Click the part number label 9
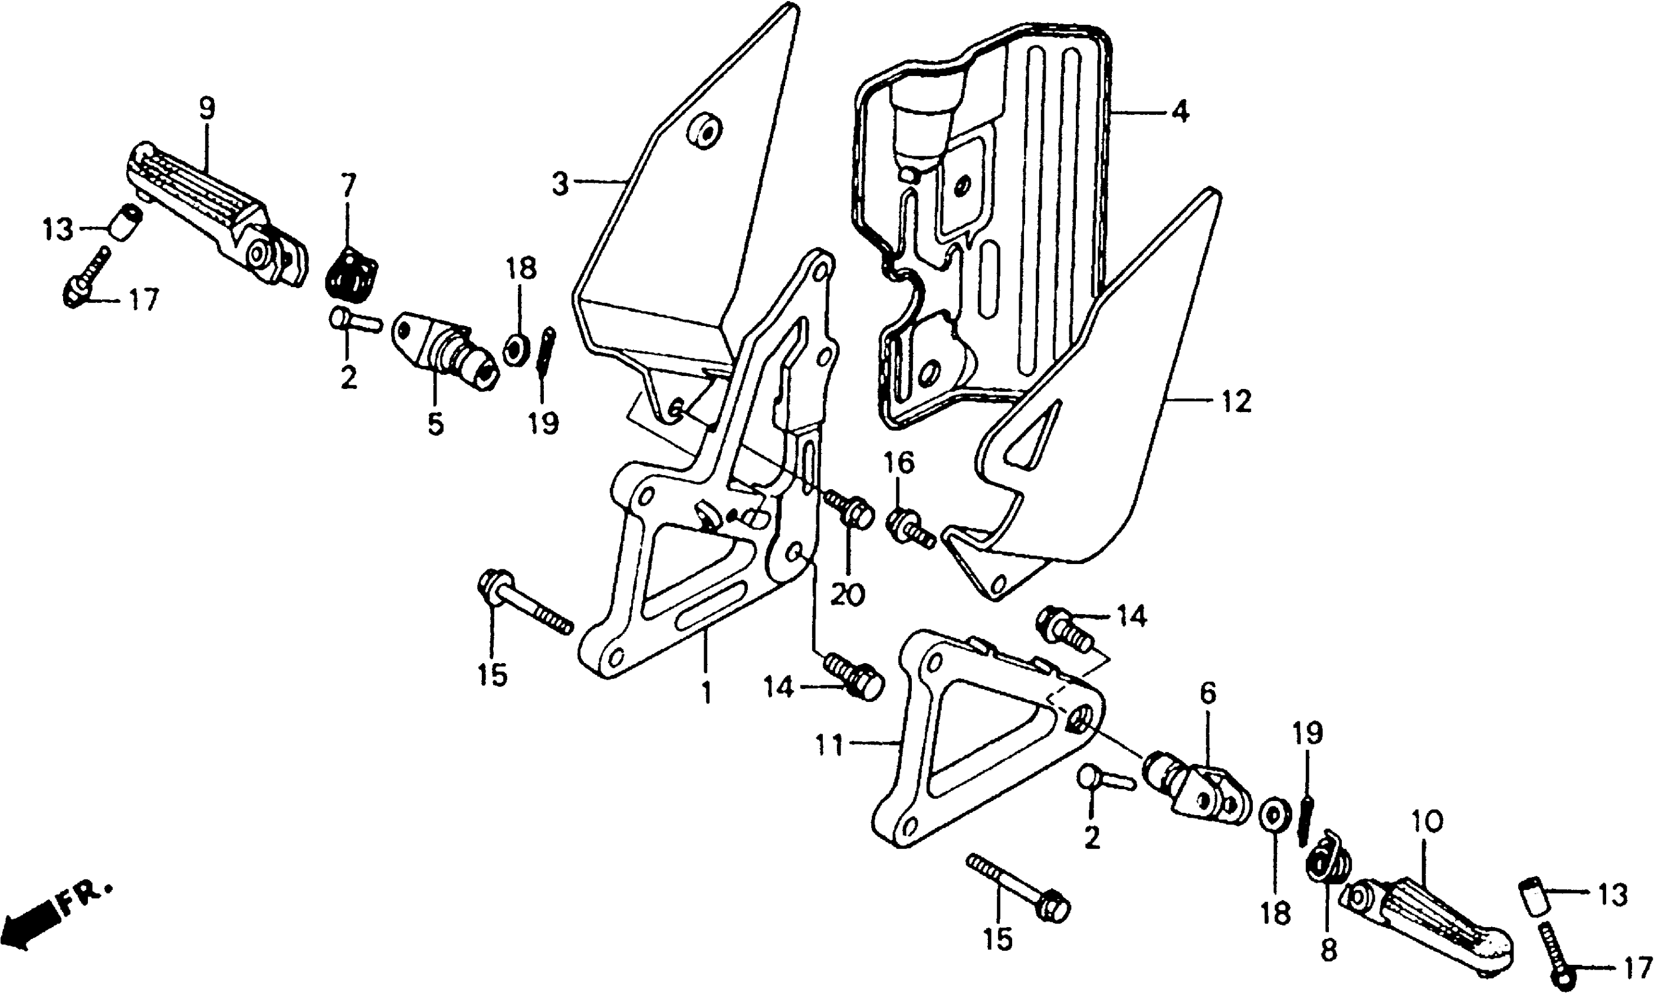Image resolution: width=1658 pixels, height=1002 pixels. point(206,108)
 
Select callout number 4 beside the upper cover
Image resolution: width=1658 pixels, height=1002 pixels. point(1180,111)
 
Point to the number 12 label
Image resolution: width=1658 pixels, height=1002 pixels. point(1237,401)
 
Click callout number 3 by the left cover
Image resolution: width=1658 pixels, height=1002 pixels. point(560,183)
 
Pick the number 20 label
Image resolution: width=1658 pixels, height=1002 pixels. point(847,595)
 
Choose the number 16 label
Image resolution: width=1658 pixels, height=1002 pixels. point(899,463)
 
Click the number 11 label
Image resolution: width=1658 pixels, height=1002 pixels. point(829,746)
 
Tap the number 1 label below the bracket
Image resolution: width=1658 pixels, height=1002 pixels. point(706,692)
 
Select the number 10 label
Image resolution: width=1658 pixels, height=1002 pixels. point(1427,821)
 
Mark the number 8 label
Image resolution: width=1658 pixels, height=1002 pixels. point(1328,950)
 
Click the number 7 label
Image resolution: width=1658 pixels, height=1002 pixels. point(348,184)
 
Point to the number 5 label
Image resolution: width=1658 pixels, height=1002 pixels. point(435,424)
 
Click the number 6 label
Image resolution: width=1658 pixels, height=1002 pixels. point(1208,693)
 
